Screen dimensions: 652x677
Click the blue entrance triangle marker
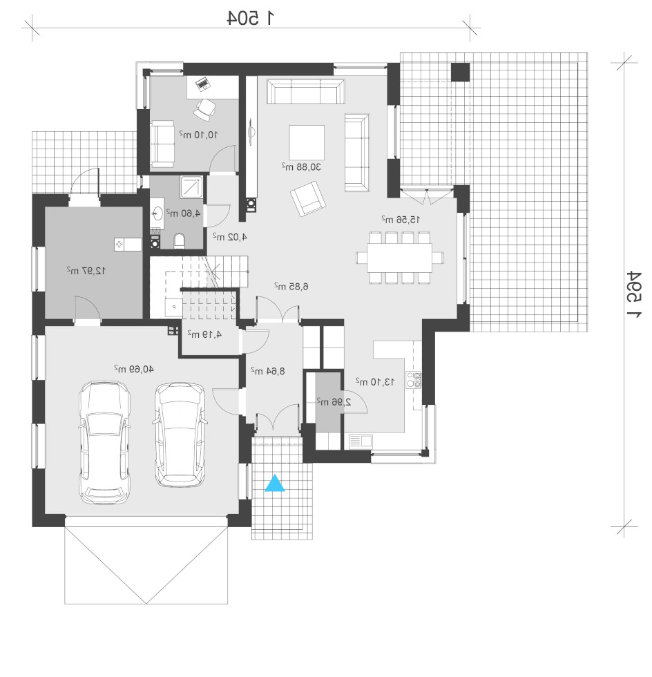tap(275, 483)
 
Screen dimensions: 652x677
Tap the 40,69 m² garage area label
tap(134, 369)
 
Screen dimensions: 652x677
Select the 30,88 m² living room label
tap(301, 166)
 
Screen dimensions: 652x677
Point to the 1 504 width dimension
tap(251, 18)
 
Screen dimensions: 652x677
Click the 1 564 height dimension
tap(634, 295)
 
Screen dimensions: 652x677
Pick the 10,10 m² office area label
tap(199, 135)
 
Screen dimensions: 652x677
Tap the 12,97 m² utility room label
tap(86, 271)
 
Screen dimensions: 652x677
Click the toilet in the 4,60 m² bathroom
tap(180, 241)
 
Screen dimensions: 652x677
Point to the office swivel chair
tap(204, 109)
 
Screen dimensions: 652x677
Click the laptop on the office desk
tap(202, 84)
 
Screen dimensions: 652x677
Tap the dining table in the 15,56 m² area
tap(399, 258)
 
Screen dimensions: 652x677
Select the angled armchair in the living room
tap(307, 198)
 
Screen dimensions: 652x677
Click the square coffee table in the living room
tap(307, 142)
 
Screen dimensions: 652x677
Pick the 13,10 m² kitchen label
tap(375, 381)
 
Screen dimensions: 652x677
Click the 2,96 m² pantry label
tap(334, 402)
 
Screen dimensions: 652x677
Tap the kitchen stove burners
tap(414, 379)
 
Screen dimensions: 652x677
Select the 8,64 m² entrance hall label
tap(268, 371)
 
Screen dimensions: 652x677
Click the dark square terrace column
tap(461, 72)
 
